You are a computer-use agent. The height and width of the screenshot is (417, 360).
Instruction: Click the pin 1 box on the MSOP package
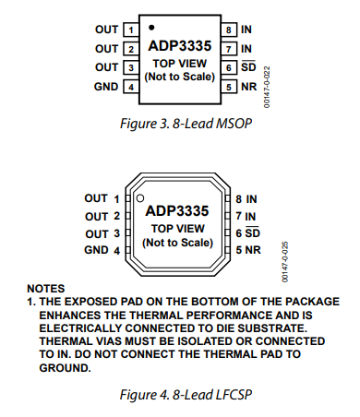(x=131, y=30)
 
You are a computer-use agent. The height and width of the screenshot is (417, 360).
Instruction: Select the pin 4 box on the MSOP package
(x=131, y=87)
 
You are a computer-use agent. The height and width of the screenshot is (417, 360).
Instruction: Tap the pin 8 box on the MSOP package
(x=229, y=30)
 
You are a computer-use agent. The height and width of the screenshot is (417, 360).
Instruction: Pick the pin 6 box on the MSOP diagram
(x=229, y=67)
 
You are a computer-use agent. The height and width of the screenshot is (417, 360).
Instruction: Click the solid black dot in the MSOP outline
(x=151, y=28)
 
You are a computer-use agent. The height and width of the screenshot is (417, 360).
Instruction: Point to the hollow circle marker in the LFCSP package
(x=140, y=198)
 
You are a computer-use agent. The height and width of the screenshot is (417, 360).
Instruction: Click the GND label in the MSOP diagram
(x=106, y=87)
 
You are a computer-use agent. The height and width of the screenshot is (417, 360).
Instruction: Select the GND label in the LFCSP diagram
(x=96, y=250)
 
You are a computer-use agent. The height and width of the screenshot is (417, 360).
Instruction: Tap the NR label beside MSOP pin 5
(x=249, y=87)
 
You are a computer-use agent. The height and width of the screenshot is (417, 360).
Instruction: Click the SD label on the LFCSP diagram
(x=253, y=232)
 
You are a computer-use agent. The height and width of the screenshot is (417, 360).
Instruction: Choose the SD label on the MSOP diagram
(x=248, y=66)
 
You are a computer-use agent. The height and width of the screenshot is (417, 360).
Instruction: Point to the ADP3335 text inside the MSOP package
(x=180, y=46)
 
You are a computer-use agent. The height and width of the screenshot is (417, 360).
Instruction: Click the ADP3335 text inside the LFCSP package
(x=177, y=211)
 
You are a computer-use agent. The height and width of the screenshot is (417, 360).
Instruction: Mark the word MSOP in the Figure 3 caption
(x=234, y=124)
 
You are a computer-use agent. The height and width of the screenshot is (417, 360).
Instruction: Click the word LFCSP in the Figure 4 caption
(x=234, y=395)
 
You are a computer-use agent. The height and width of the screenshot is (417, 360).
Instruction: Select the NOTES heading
(x=46, y=289)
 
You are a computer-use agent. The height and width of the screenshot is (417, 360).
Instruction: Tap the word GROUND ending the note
(x=65, y=368)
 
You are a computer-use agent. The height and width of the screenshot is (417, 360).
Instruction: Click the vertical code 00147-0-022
(x=267, y=87)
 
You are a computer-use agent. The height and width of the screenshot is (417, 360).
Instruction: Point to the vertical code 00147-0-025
(x=285, y=262)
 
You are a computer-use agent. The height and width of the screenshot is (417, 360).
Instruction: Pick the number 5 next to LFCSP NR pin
(x=239, y=250)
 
